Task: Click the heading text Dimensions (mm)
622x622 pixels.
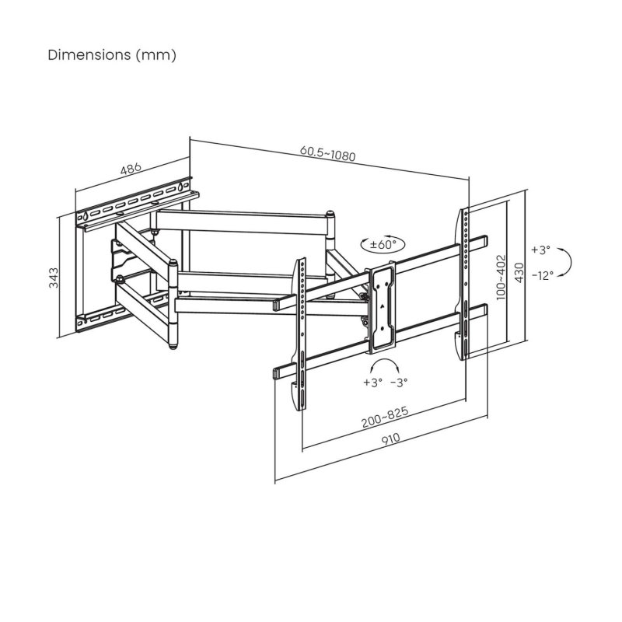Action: click(112, 55)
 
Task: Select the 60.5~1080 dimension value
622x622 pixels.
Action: click(327, 153)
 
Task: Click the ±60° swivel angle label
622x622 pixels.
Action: click(383, 244)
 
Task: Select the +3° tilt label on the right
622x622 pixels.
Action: click(540, 250)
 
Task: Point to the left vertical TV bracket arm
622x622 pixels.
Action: click(301, 334)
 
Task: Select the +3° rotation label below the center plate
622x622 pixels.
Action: click(372, 383)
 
